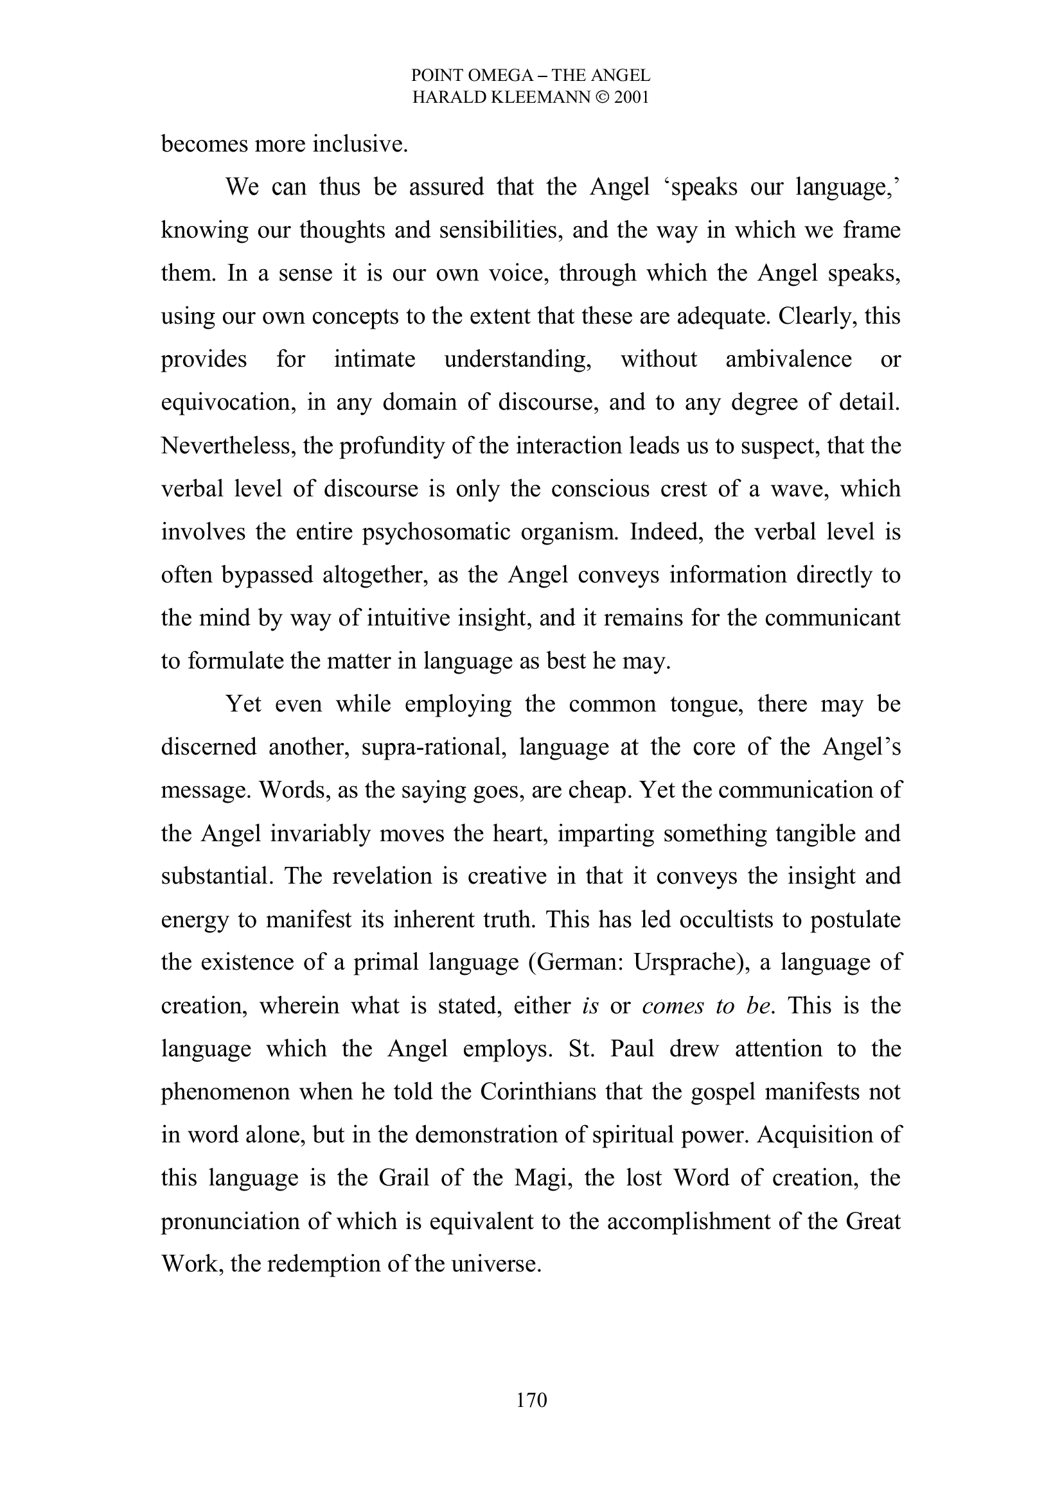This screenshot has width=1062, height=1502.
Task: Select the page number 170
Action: click(531, 1400)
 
